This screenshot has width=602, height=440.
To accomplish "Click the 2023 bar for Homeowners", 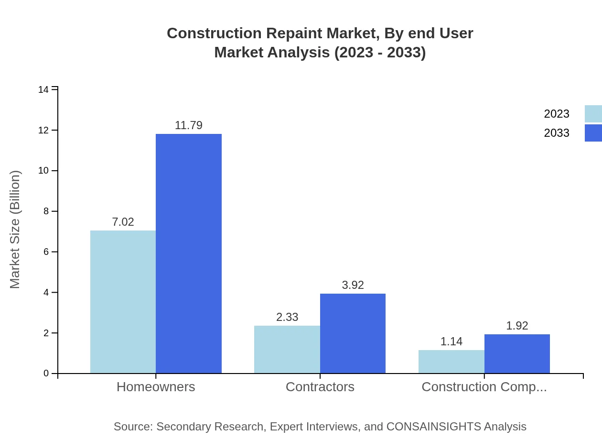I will point(123,302).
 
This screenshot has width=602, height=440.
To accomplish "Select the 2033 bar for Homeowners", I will point(189,253).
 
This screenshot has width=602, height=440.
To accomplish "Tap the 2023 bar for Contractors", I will point(287,349).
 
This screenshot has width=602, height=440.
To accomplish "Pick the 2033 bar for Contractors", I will point(353,333).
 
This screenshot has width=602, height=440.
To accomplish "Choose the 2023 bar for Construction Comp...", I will point(451,362).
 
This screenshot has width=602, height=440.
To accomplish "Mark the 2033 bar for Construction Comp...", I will point(517,354).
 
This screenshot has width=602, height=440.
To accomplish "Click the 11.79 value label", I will point(189,125).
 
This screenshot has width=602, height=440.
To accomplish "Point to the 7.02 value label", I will point(123,222).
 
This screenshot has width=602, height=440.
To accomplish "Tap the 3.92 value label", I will point(353,285).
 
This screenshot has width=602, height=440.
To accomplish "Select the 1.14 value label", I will point(451,341).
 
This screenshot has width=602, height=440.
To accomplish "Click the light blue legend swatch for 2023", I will point(593,114).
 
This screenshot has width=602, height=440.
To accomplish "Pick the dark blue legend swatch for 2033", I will point(593,133).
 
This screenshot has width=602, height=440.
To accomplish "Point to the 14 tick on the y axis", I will point(43,90).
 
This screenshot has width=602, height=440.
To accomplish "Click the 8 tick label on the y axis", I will point(46,211).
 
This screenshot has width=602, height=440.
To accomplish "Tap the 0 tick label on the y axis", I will point(46,374).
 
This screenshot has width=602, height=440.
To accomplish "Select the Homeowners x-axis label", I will point(156,386).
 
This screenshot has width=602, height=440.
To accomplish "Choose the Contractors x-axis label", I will point(320,386).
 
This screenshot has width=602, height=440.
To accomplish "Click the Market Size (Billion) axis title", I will point(15,230).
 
